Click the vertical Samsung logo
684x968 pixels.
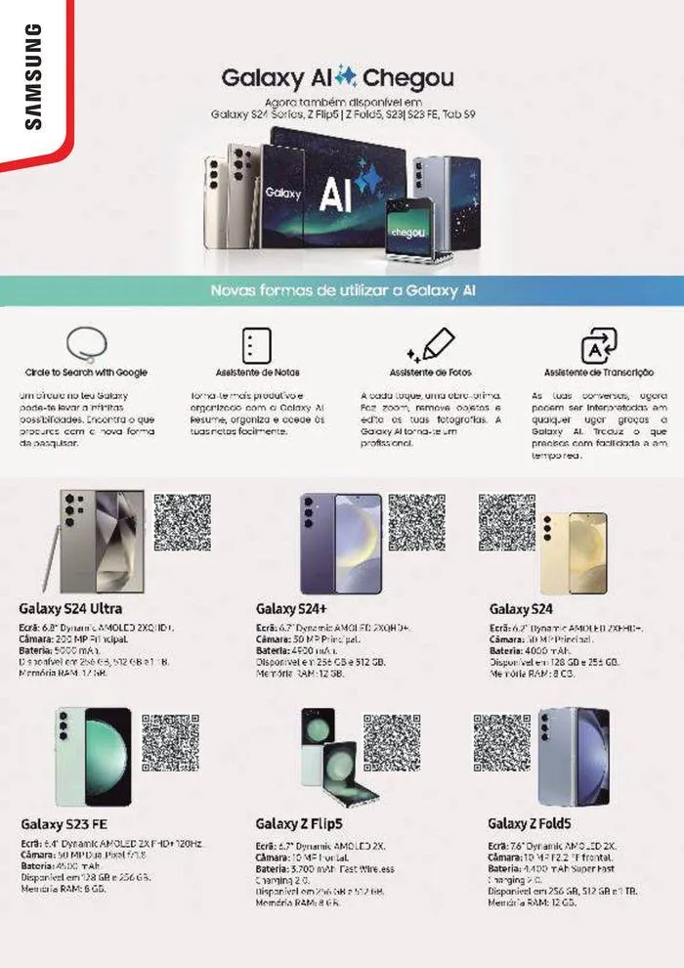[x=33, y=77]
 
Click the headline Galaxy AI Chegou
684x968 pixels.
[x=337, y=77]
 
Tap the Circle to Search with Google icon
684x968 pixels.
[x=86, y=344]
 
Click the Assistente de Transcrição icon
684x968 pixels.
[x=599, y=346]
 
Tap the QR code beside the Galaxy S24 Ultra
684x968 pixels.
[x=182, y=522]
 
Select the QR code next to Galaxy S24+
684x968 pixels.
[x=417, y=522]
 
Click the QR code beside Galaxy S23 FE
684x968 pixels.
[x=170, y=743]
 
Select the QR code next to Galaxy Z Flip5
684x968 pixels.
[x=392, y=743]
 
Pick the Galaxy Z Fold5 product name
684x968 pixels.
[x=529, y=823]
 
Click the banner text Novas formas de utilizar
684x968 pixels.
[x=343, y=290]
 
